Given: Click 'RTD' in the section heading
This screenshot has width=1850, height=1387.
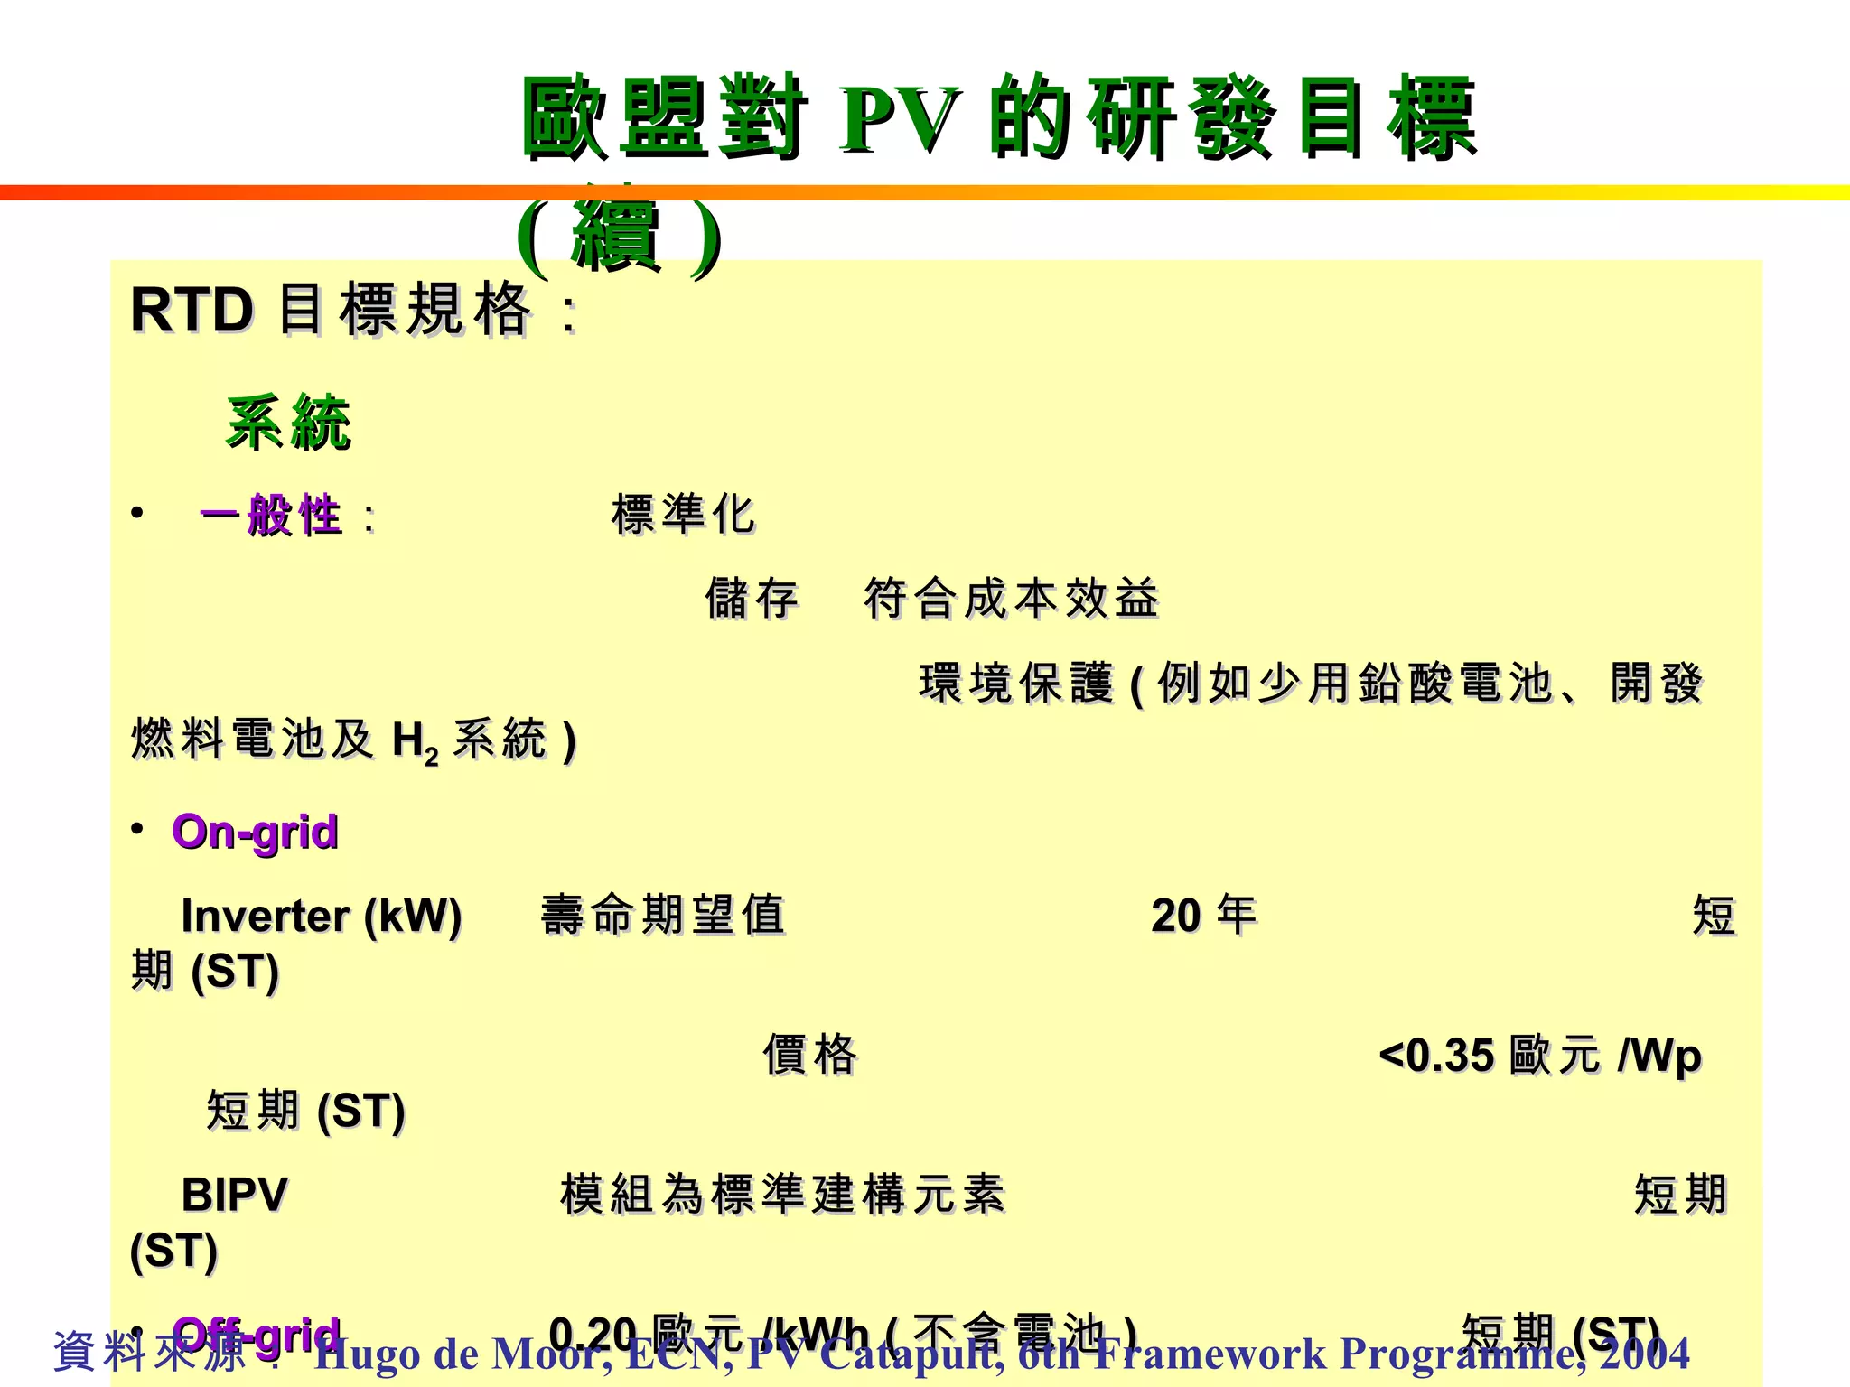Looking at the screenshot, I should (x=192, y=311).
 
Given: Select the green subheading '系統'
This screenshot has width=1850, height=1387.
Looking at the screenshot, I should (x=288, y=423).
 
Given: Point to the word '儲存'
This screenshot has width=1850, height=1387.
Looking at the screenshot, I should (x=752, y=599).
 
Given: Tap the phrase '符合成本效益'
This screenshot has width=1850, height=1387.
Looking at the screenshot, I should (x=1011, y=599).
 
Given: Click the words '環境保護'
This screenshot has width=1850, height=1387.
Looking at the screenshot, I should (x=1015, y=684).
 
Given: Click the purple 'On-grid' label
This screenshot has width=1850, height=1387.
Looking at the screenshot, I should (x=255, y=832).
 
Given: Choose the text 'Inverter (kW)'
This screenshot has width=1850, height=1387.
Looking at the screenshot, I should (x=322, y=916).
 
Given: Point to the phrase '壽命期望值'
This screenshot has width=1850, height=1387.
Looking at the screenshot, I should (x=663, y=915).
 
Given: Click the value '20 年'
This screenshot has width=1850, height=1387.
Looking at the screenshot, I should (x=1203, y=916).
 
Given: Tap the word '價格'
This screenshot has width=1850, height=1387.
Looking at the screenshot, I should (x=809, y=1055).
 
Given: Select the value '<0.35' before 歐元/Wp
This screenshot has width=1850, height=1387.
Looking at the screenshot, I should (x=1436, y=1055).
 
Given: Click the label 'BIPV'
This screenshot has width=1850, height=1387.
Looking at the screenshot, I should (x=234, y=1195).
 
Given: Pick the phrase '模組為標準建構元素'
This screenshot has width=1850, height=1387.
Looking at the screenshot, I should (x=782, y=1195).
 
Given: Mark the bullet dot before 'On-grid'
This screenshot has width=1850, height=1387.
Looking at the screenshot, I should (x=137, y=828).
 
